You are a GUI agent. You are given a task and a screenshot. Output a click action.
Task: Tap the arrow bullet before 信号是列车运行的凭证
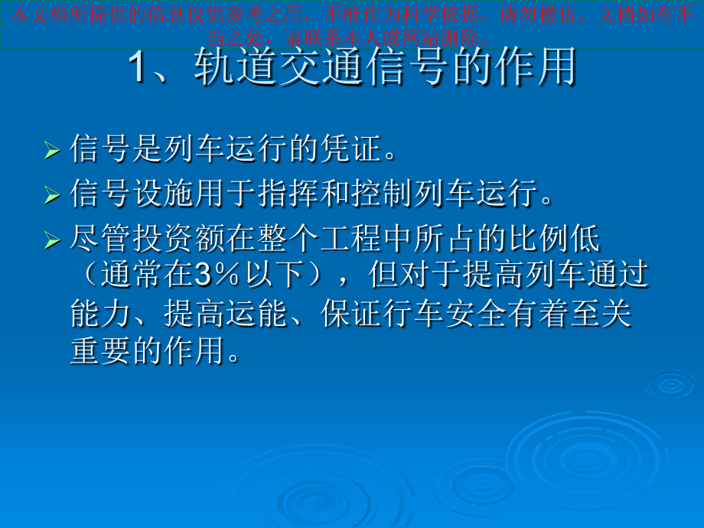tap(52, 150)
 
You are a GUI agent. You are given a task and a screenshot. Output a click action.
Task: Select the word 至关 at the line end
tap(601, 314)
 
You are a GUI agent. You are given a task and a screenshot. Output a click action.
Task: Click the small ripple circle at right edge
tap(672, 385)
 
